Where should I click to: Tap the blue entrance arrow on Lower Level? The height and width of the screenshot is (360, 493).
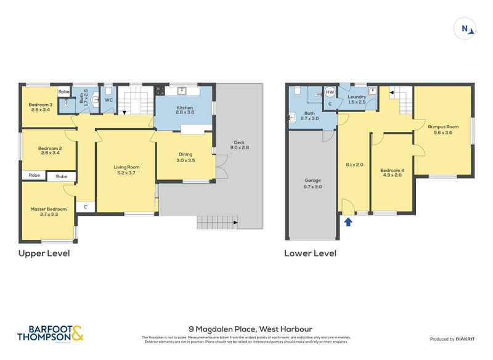click(348, 221)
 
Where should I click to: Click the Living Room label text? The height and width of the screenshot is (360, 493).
click(126, 167)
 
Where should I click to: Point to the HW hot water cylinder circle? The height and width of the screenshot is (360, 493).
click(330, 92)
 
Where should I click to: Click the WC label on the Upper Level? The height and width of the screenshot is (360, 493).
click(109, 99)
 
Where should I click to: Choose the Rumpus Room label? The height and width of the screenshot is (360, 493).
click(443, 127)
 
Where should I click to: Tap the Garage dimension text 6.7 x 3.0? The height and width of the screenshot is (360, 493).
click(312, 186)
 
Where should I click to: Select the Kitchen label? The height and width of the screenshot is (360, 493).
click(185, 108)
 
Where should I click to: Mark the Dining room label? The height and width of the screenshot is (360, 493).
click(185, 154)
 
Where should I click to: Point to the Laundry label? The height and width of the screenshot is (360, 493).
click(357, 97)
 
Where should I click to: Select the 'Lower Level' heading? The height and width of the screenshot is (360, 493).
click(310, 253)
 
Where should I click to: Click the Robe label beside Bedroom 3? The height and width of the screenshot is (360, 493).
click(63, 92)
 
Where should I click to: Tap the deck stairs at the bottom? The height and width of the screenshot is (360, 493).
click(217, 221)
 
